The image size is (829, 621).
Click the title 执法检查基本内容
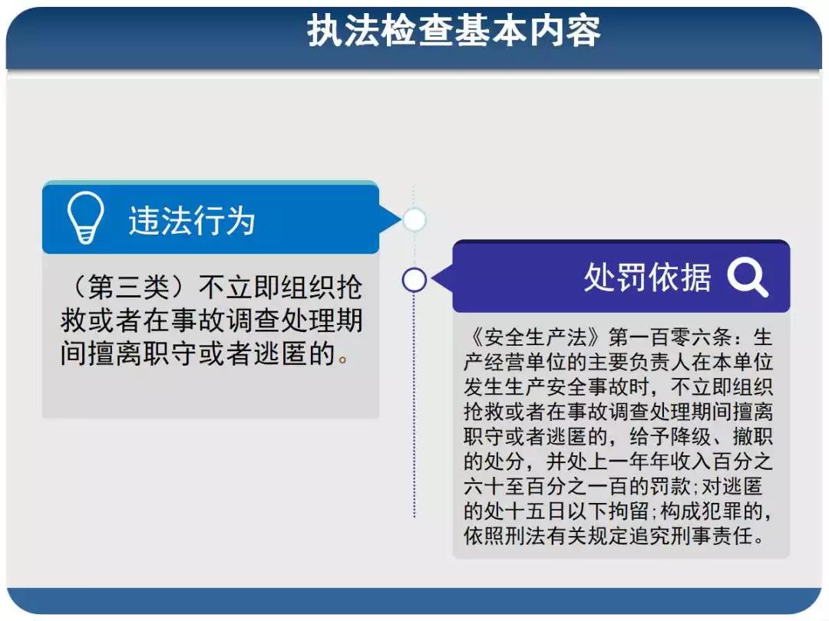pyautogui.click(x=454, y=31)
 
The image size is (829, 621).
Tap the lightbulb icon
pyautogui.click(x=85, y=218)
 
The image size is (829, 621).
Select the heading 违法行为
pyautogui.click(x=192, y=220)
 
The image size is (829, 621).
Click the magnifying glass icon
pyautogui.click(x=747, y=278)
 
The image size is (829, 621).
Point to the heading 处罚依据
pyautogui.click(x=647, y=277)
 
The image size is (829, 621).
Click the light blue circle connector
pyautogui.click(x=414, y=220)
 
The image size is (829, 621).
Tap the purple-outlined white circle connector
pyautogui.click(x=414, y=280)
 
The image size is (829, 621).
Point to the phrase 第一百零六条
pyautogui.click(x=670, y=337)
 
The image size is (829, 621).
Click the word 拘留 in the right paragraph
pyautogui.click(x=628, y=511)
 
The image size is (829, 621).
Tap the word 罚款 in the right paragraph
pyautogui.click(x=669, y=486)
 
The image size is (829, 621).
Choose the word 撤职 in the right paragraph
pyautogui.click(x=752, y=436)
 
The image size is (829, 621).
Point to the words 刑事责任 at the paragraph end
pyautogui.click(x=711, y=535)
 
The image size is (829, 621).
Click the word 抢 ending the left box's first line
pyautogui.click(x=349, y=287)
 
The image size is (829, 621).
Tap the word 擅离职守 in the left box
pyautogui.click(x=143, y=353)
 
